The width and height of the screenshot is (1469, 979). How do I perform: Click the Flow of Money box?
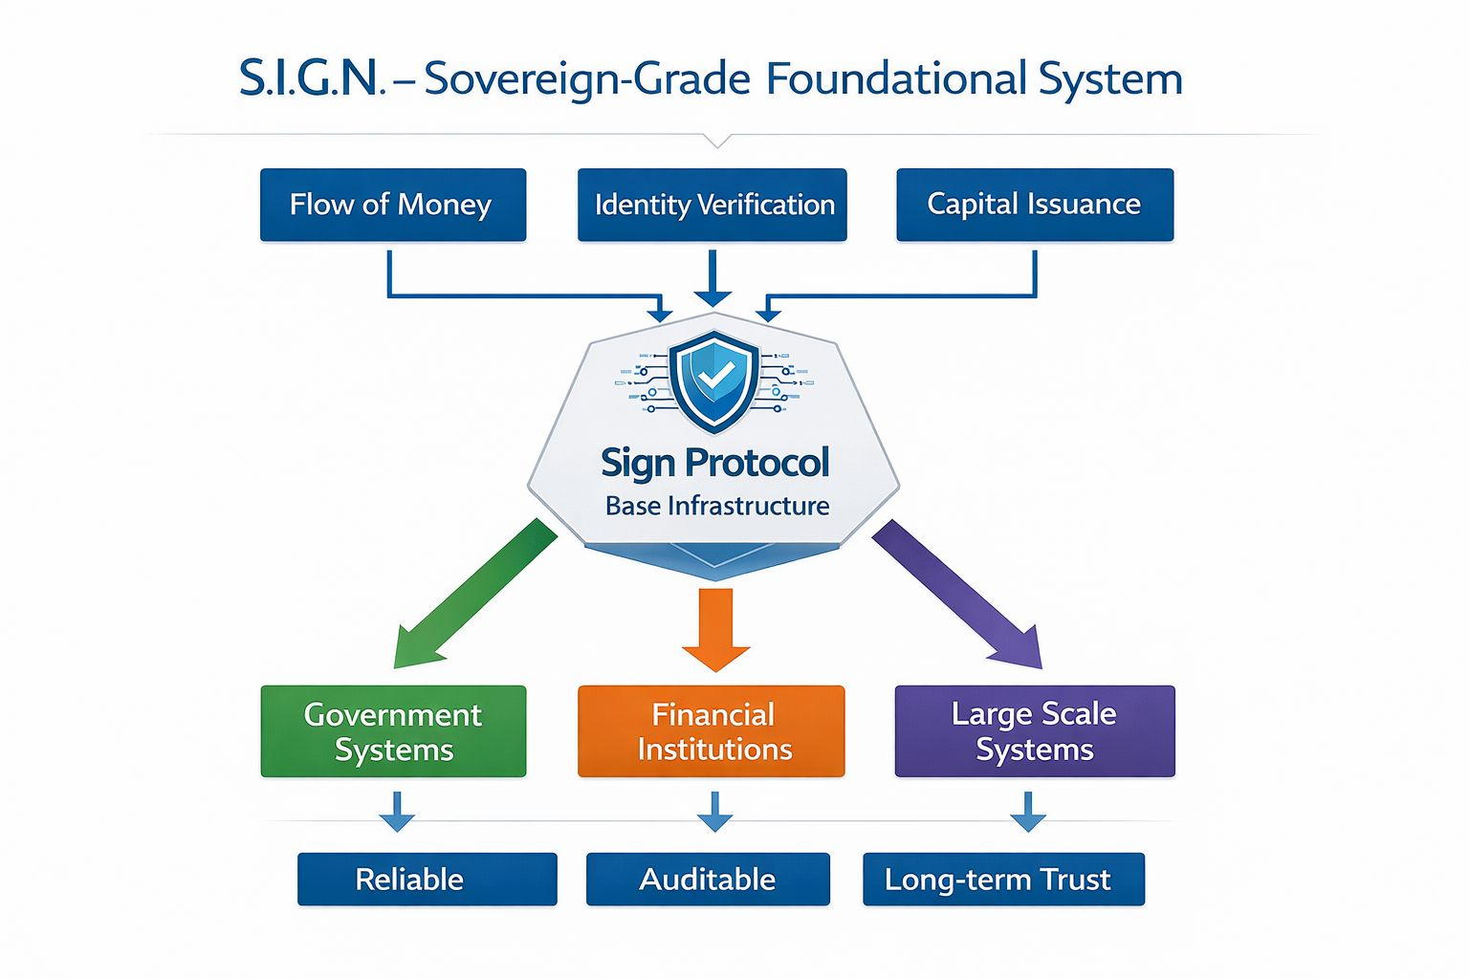point(392,205)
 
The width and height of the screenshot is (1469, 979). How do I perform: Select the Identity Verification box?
point(713,205)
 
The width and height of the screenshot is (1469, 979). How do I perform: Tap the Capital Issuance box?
point(1034,205)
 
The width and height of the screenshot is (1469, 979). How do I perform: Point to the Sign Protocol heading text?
point(714,463)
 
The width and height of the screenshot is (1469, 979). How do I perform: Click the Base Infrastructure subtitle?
point(716,506)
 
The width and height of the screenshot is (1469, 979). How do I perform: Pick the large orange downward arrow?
point(715,627)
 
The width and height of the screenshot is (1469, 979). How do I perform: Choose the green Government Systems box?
point(393,731)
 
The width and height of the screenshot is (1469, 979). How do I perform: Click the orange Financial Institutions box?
point(713,731)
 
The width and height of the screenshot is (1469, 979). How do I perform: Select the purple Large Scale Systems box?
point(1034,731)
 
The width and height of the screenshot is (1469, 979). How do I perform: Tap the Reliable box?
point(427,879)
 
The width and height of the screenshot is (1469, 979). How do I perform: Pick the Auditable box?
point(708,879)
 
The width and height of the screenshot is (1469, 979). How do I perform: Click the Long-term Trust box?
point(1003,879)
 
